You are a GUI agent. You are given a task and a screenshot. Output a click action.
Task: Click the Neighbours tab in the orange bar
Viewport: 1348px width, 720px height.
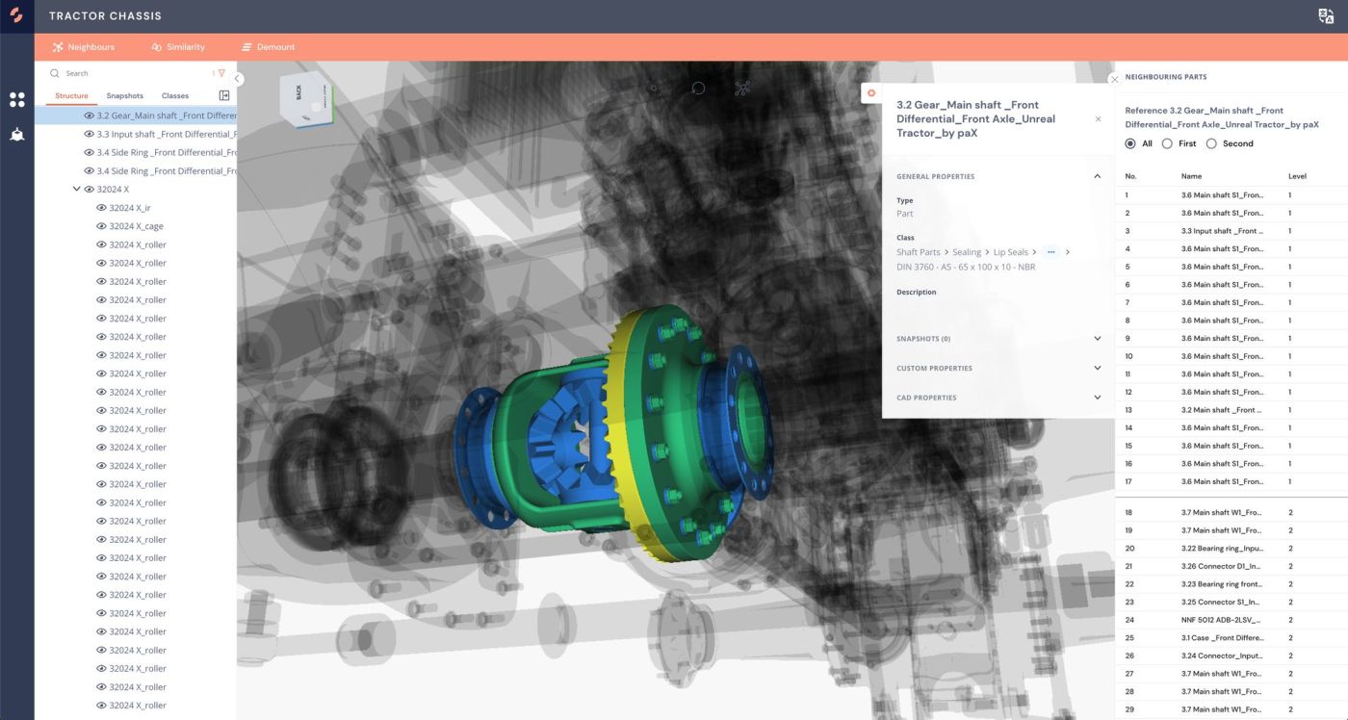click(84, 47)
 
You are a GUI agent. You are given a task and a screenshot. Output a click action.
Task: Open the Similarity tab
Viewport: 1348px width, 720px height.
click(178, 47)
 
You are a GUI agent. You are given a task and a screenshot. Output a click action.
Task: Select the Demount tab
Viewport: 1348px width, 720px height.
click(269, 47)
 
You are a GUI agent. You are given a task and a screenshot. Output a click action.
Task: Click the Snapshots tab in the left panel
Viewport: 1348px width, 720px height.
click(124, 95)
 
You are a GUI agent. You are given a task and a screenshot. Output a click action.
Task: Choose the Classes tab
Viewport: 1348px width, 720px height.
click(175, 95)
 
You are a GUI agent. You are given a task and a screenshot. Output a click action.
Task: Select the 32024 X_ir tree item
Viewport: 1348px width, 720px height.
click(129, 208)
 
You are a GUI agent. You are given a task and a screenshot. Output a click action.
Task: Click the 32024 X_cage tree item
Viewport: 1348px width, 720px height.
click(136, 226)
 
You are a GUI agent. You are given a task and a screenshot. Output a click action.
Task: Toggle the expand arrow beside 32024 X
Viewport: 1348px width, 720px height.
click(76, 189)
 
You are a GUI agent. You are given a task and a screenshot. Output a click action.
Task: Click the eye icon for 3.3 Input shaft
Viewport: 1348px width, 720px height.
click(89, 134)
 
